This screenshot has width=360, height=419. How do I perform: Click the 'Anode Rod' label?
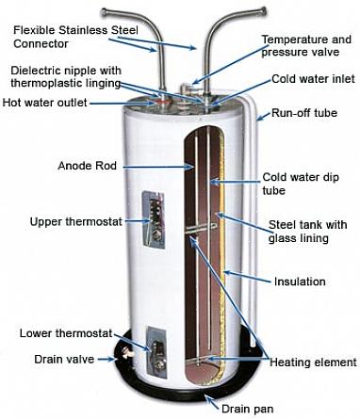pyautogui.click(x=87, y=166)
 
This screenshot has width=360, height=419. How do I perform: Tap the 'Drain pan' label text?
pyautogui.click(x=248, y=409)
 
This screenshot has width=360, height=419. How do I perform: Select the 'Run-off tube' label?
pyautogui.click(x=304, y=113)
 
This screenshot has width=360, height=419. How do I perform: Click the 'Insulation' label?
pyautogui.click(x=300, y=282)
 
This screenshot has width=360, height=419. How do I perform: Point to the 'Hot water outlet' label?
pyautogui.click(x=44, y=103)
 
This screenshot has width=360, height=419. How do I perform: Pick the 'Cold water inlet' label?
pyautogui.click(x=313, y=78)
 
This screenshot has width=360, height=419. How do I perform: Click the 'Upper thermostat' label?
pyautogui.click(x=75, y=221)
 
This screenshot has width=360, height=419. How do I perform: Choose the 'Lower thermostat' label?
pyautogui.click(x=66, y=333)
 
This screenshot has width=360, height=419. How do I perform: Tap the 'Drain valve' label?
pyautogui.click(x=64, y=359)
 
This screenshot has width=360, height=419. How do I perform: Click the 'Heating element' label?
pyautogui.click(x=313, y=363)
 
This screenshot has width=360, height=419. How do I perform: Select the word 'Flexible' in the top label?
pyautogui.click(x=34, y=30)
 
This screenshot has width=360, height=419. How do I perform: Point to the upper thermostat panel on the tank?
pyautogui.click(x=154, y=219)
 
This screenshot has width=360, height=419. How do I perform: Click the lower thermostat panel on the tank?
pyautogui.click(x=156, y=352)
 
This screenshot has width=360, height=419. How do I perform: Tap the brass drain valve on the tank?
pyautogui.click(x=128, y=353)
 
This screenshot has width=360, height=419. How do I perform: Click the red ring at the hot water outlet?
pyautogui.click(x=162, y=102)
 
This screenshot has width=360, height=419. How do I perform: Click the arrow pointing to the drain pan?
pyautogui.click(x=212, y=401)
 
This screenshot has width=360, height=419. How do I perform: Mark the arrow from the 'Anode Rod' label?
pyautogui.click(x=158, y=167)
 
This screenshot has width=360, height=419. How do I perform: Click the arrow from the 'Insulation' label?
pyautogui.click(x=247, y=277)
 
